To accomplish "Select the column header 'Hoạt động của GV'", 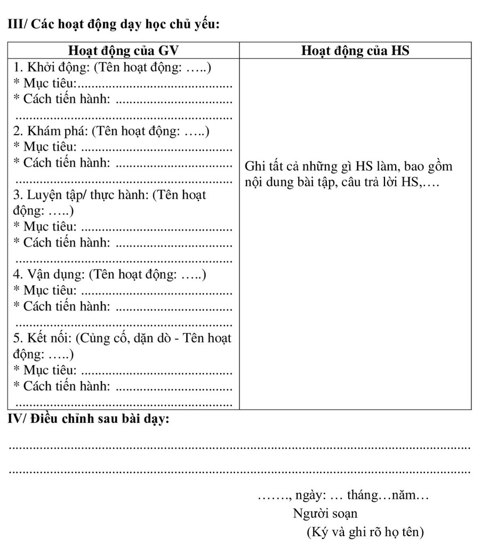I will click(x=124, y=51).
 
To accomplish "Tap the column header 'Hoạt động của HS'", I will click(x=355, y=51).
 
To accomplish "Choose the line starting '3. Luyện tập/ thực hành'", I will click(x=109, y=195).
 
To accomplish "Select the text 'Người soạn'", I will click(x=325, y=514).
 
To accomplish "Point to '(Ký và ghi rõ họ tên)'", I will click(x=365, y=532).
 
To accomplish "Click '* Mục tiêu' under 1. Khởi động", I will click(x=46, y=84).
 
